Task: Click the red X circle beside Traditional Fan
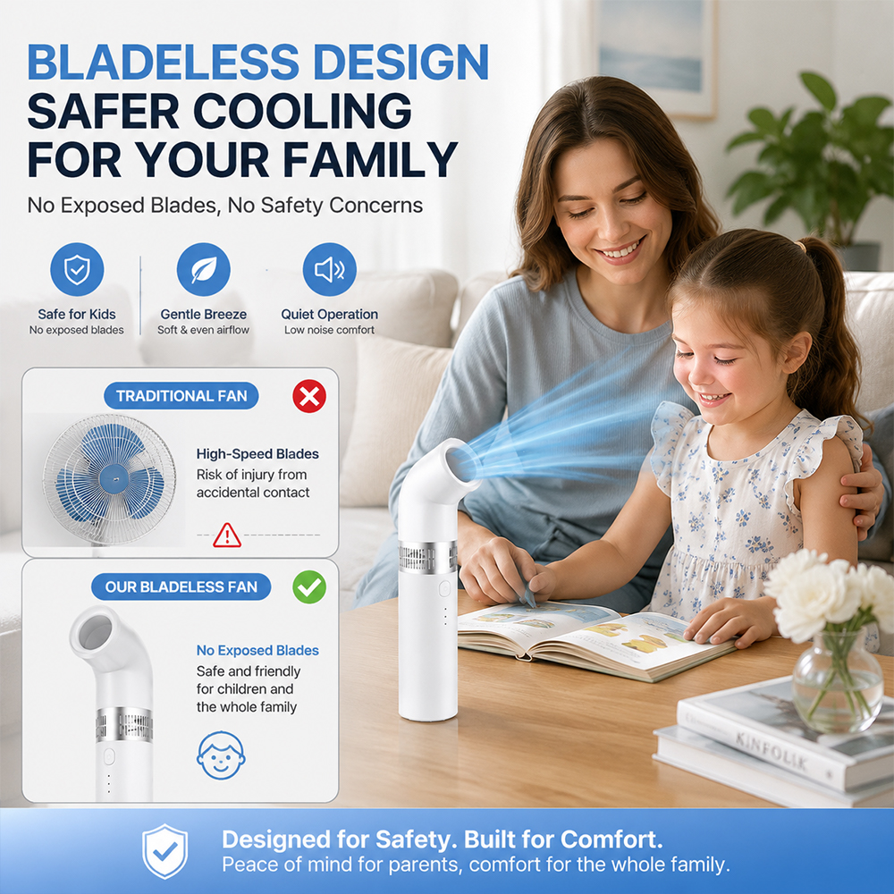tap(309, 396)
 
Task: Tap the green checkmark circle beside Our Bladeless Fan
tap(309, 586)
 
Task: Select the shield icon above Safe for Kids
tap(77, 269)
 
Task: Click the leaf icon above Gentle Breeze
tap(204, 269)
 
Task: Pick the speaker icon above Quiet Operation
tap(330, 269)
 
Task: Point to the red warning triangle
tap(227, 536)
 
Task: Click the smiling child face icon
tap(221, 755)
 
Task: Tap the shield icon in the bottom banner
tap(164, 851)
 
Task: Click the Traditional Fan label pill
tap(181, 396)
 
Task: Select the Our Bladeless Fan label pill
tap(181, 586)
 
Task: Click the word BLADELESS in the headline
tap(163, 62)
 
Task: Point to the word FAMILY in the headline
tap(370, 159)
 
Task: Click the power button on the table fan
tap(444, 588)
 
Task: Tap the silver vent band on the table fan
tap(427, 557)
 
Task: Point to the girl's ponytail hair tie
tap(802, 246)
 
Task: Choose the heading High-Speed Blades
tap(257, 454)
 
